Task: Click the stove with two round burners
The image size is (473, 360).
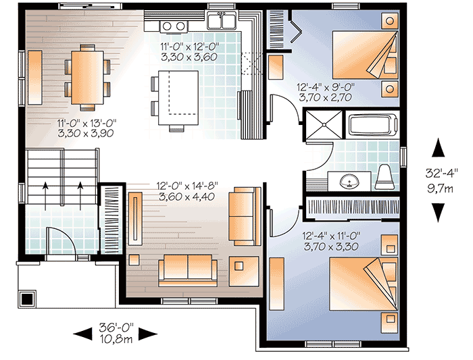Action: [x=175, y=26]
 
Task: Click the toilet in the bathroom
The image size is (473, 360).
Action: [x=384, y=176]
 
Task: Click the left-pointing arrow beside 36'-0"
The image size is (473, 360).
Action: [x=82, y=333]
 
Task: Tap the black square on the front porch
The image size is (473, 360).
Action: [x=27, y=298]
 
